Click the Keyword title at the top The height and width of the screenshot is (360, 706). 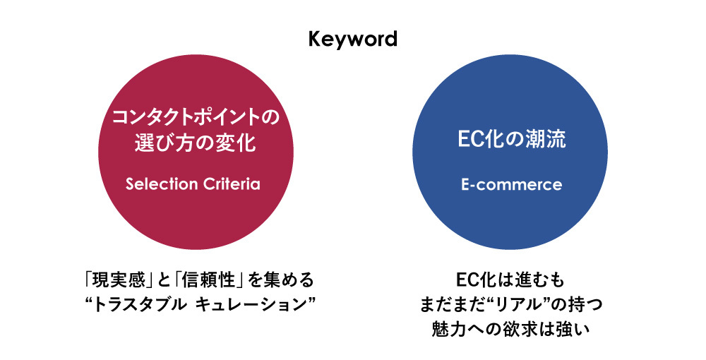pyautogui.click(x=353, y=38)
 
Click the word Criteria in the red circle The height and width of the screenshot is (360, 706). pyautogui.click(x=231, y=184)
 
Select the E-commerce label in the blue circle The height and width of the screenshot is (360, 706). pyautogui.click(x=510, y=185)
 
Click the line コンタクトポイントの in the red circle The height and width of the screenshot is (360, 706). pyautogui.click(x=196, y=116)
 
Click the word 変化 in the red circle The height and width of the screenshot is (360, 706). pyautogui.click(x=235, y=143)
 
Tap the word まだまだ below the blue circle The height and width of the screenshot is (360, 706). pyautogui.click(x=450, y=304)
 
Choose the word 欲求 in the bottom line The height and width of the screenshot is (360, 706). pyautogui.click(x=514, y=329)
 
